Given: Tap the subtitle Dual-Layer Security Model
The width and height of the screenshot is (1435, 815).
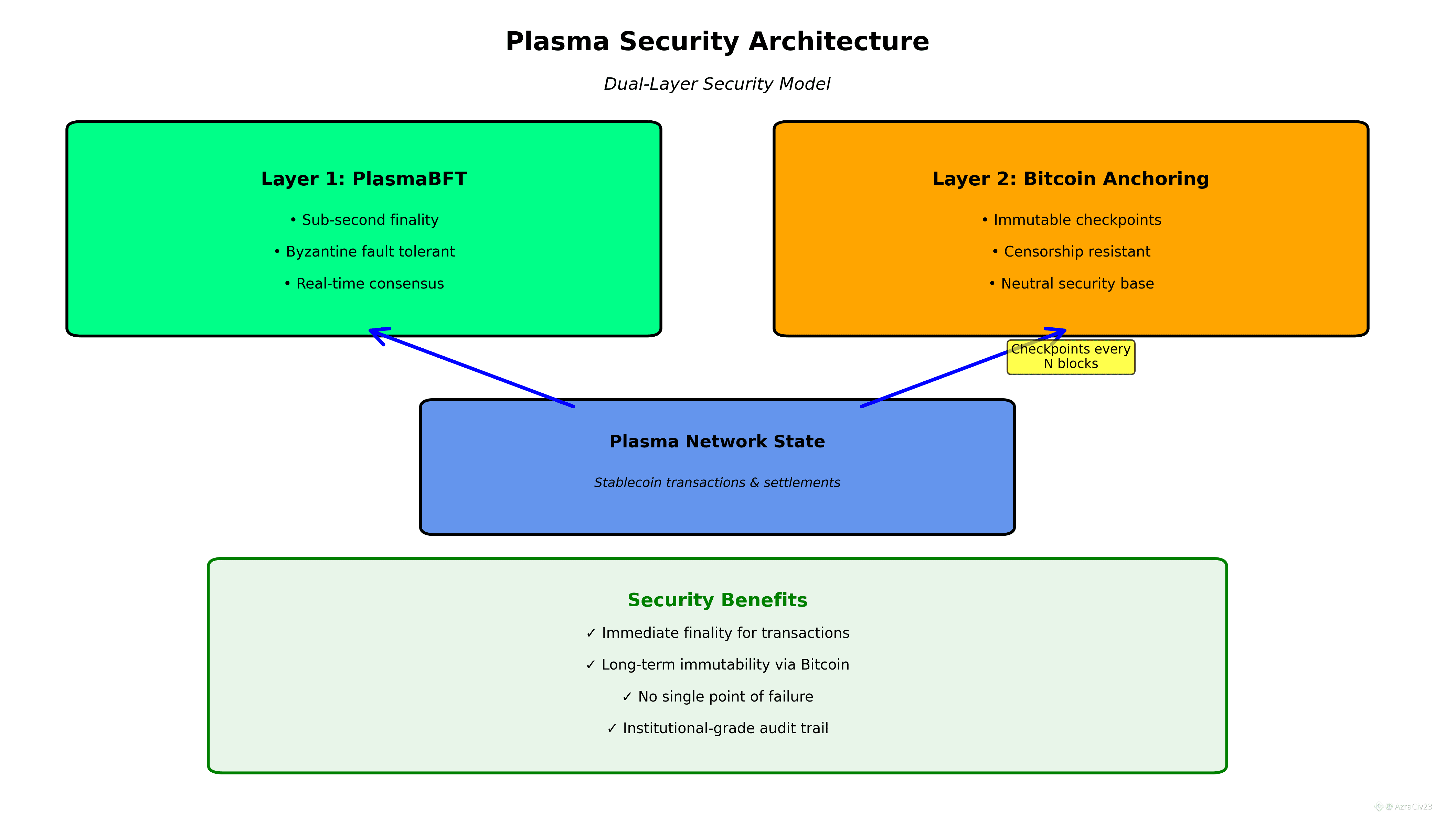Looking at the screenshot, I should click(x=717, y=84).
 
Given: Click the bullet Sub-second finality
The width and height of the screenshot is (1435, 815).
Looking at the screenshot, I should click(x=364, y=220).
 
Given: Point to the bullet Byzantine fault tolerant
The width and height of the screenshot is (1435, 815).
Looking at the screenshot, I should click(x=364, y=252).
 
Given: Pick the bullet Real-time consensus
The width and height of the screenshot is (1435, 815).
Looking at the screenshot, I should click(x=364, y=284).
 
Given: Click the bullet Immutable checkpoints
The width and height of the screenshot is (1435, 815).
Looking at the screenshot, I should click(x=1071, y=220).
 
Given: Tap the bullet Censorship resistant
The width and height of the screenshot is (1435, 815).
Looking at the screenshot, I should click(x=1071, y=252).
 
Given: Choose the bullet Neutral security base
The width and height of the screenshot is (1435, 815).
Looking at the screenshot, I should click(x=1071, y=284).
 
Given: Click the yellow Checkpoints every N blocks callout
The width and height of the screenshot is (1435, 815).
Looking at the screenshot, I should click(x=1070, y=357).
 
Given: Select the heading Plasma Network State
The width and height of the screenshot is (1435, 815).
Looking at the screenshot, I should click(x=717, y=442).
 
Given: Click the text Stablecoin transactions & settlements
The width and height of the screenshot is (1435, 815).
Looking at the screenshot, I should click(x=717, y=482).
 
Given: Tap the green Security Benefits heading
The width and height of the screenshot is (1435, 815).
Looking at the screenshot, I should click(x=717, y=600).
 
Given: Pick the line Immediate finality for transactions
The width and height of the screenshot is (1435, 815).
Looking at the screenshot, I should click(x=717, y=633).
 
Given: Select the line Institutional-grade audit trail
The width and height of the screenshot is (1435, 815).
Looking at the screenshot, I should click(x=717, y=728).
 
